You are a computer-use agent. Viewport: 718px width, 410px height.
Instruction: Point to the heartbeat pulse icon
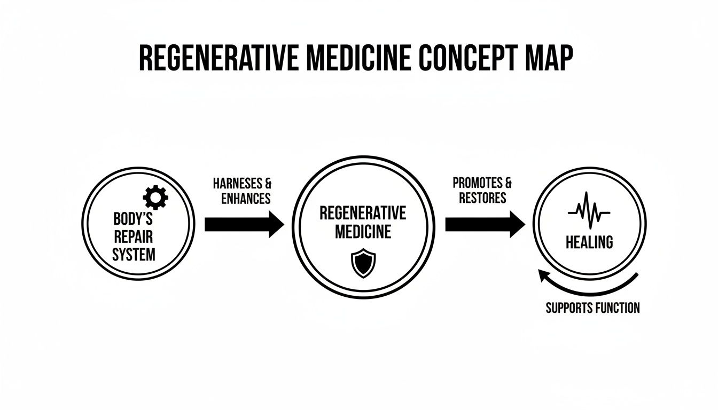(589, 211)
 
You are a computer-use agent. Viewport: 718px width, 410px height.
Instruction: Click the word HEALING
(589, 242)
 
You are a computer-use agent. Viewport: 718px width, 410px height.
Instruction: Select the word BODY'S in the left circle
(134, 219)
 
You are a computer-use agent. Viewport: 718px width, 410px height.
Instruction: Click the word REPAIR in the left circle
(134, 236)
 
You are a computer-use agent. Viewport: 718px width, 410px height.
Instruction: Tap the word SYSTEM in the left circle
(134, 254)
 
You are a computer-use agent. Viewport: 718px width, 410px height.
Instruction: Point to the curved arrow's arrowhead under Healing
(544, 275)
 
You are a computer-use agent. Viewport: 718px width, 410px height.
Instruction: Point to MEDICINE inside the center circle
(363, 232)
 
